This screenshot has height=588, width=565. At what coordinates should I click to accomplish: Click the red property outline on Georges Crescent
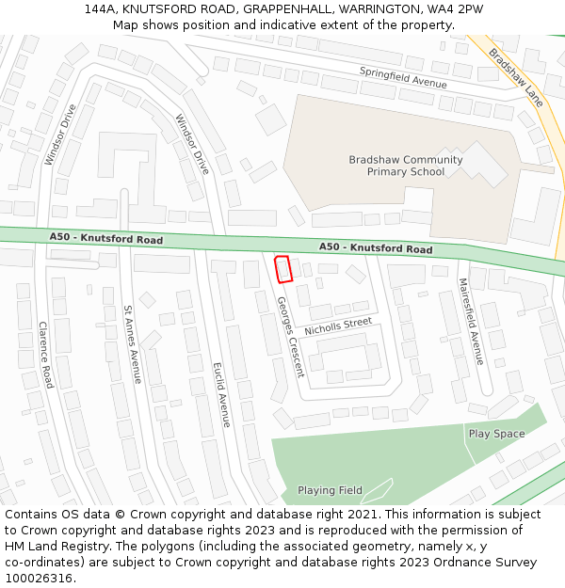[282, 269]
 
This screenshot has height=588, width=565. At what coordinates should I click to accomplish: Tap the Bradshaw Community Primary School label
[405, 166]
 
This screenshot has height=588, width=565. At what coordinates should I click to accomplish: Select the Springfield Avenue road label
[403, 76]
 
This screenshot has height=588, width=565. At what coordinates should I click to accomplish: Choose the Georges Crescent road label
[290, 337]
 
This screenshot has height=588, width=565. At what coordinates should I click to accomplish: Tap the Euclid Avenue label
[221, 395]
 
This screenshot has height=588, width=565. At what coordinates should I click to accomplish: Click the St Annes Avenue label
[133, 344]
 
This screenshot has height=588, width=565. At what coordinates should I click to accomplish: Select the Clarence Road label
[45, 355]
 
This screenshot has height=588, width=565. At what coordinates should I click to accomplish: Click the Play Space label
[496, 434]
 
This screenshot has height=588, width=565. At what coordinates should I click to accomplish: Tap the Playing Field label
[330, 490]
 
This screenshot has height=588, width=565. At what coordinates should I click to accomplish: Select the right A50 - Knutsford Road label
[376, 247]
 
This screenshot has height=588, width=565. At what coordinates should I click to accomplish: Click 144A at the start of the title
[100, 8]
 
